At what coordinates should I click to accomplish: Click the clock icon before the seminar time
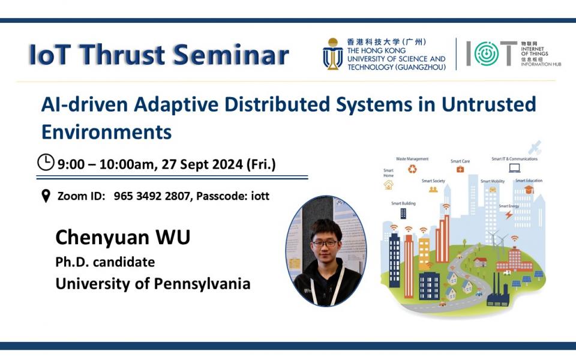coord(46,162)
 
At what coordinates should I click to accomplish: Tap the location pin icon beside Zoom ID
coord(45,196)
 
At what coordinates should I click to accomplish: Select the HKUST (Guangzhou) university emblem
coord(332,54)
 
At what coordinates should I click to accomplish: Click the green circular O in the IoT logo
coord(486,54)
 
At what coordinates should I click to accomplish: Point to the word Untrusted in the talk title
coord(488,104)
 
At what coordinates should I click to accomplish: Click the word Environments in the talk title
coord(106,131)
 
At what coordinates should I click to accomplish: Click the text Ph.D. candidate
coord(105,262)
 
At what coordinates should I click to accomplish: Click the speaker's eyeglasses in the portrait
coord(323,243)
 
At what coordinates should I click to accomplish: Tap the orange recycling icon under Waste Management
coord(412,169)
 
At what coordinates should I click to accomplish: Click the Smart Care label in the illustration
coord(460,161)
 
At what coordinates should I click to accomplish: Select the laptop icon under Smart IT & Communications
coord(514,168)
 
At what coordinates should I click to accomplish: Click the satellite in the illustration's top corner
coord(535,147)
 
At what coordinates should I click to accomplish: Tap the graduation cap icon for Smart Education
coord(529,190)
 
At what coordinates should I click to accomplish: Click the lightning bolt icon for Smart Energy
coord(509,214)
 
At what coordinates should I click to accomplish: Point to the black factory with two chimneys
coord(497,294)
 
